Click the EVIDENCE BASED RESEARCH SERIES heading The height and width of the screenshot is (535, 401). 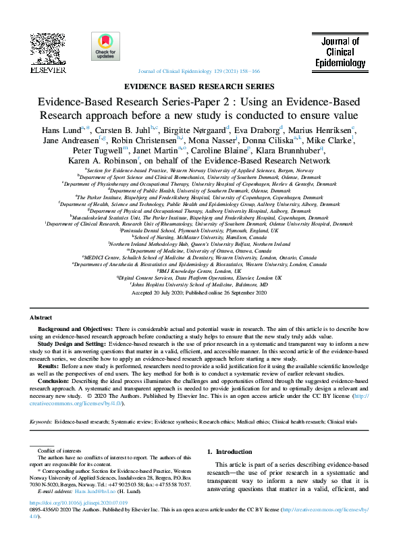(x=200, y=86)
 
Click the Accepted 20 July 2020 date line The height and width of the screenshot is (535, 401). (x=200, y=293)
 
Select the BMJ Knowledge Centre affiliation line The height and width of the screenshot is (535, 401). (x=200, y=271)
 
